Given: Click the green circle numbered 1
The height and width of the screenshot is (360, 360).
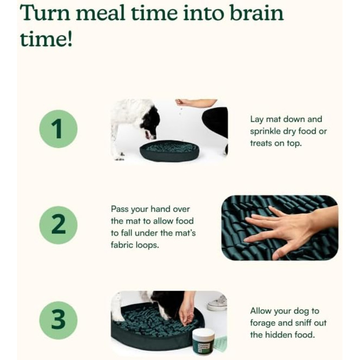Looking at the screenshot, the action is pos(58,129).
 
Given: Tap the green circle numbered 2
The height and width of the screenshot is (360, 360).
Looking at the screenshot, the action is pos(58,225).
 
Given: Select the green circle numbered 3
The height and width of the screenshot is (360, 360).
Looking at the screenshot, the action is pos(58,320).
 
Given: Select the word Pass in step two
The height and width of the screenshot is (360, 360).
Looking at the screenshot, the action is pos(120,209).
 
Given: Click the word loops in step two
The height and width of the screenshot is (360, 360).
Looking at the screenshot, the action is pos(147,245).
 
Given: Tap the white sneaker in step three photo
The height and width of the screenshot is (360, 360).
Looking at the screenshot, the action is pos(218,302).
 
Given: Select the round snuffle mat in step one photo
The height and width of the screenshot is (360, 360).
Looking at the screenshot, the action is pos(169,150).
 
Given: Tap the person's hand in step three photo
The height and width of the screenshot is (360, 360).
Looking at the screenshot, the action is pos(186,313).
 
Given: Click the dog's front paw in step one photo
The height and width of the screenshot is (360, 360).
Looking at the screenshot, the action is pos(120,158).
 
